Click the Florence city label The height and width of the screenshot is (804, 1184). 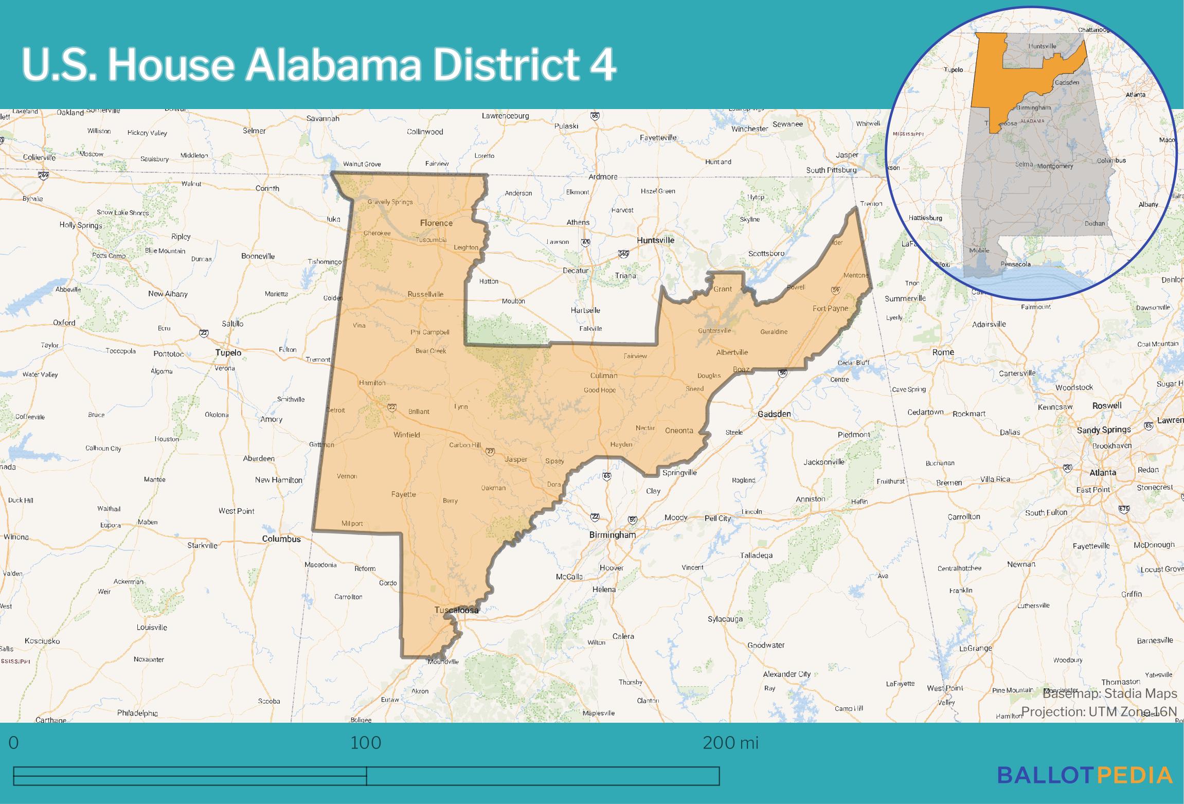[x=436, y=223]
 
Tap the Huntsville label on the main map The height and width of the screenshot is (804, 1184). [x=655, y=240]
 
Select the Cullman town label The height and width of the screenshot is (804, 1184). [x=604, y=376]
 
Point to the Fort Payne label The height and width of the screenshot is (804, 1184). [x=830, y=309]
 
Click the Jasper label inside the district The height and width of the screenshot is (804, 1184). [x=516, y=459]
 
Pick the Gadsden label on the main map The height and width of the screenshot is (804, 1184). [x=774, y=414]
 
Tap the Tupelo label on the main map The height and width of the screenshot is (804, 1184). [x=228, y=353]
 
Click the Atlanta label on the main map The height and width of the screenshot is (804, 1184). [x=1103, y=472]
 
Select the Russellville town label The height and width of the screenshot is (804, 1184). [x=425, y=294]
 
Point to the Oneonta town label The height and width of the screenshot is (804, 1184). [x=679, y=431]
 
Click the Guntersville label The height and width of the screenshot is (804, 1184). [x=714, y=331]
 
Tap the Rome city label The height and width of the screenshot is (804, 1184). [x=943, y=352]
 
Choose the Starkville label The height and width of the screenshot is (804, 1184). [x=203, y=545]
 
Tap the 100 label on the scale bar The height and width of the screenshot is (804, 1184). [x=366, y=743]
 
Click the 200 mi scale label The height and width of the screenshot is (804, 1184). [x=730, y=743]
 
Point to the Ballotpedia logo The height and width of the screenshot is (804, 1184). [x=1084, y=775]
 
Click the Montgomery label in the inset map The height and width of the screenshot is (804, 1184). [x=1055, y=167]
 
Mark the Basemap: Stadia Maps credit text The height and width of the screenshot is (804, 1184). [x=1109, y=693]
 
